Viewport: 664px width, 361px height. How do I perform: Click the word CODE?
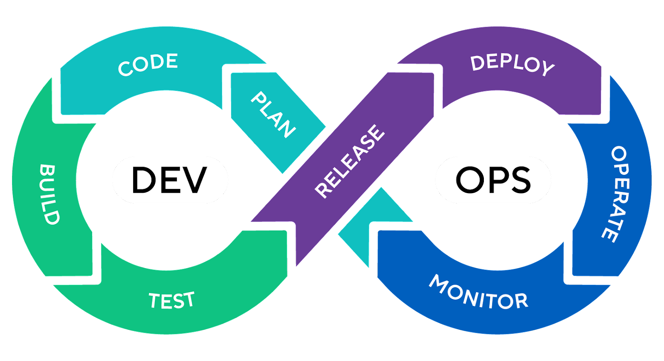pyautogui.click(x=148, y=64)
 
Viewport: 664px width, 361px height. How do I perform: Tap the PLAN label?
pyautogui.click(x=273, y=114)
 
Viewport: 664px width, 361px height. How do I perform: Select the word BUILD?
pyautogui.click(x=49, y=194)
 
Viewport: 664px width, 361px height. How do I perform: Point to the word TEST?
pyautogui.click(x=171, y=300)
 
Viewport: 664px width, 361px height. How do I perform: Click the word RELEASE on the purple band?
pyautogui.click(x=349, y=161)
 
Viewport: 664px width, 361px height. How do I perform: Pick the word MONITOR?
pyautogui.click(x=478, y=293)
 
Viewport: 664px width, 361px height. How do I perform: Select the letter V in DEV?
pyautogui.click(x=194, y=180)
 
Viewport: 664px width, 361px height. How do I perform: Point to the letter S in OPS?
pyautogui.click(x=518, y=180)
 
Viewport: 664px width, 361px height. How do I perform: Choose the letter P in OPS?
pyautogui.click(x=495, y=180)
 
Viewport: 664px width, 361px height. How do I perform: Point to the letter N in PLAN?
pyautogui.click(x=287, y=129)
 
